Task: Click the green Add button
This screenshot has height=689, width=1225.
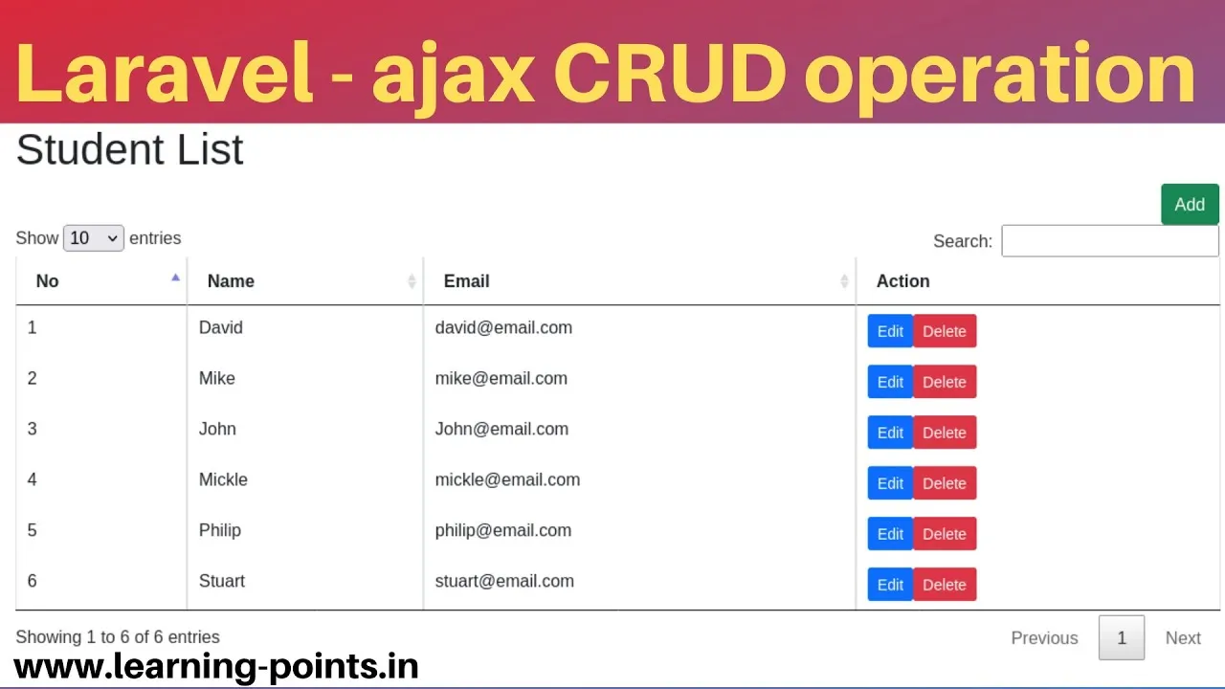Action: click(x=1190, y=205)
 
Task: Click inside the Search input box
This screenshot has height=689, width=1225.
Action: click(x=1109, y=240)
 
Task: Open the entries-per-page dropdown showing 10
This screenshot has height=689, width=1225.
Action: click(x=94, y=238)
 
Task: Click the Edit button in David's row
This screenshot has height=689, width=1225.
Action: click(x=890, y=331)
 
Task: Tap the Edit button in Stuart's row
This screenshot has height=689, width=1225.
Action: click(x=890, y=585)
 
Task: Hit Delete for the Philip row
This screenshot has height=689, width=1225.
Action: click(x=945, y=534)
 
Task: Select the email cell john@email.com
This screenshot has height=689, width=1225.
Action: click(x=501, y=430)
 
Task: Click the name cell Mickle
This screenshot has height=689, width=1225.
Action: click(x=223, y=479)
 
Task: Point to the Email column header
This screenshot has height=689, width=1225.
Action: click(x=466, y=281)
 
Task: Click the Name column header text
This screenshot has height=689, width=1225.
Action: click(x=231, y=281)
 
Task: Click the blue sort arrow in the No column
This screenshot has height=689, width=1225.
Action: click(x=175, y=278)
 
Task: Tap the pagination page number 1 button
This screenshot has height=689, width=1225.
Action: click(x=1121, y=637)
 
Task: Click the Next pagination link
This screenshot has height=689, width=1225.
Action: click(x=1183, y=638)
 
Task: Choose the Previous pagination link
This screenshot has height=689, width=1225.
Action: click(x=1044, y=638)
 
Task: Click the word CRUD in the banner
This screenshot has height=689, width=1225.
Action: click(x=670, y=74)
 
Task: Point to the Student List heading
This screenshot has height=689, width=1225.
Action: click(x=129, y=149)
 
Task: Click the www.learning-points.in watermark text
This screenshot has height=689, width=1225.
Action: click(x=216, y=667)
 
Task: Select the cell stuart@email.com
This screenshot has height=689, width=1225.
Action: click(x=504, y=581)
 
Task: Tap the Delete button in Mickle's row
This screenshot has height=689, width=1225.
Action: click(x=945, y=483)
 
